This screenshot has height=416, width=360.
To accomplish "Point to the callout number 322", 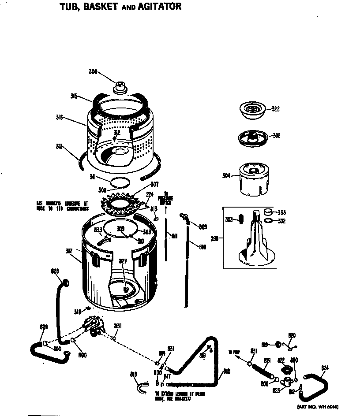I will coord(275,109).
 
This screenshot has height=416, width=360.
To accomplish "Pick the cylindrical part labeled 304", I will coord(254,178).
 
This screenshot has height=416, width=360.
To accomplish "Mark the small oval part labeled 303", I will coord(241,219).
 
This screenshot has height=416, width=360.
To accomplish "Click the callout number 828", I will coord(55,271).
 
